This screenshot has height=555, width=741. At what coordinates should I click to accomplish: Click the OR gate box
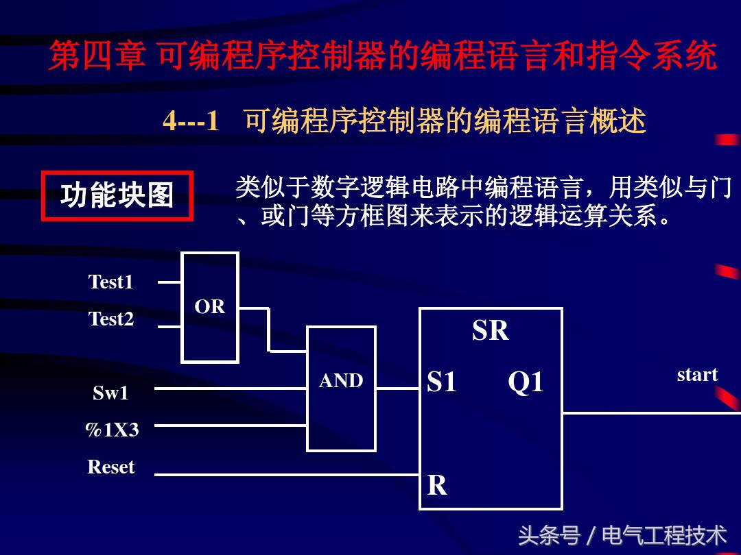point(209,307)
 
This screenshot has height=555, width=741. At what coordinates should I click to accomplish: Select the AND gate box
point(341,388)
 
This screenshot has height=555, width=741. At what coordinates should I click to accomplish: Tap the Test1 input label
point(111,282)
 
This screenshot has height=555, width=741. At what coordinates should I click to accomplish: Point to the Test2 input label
point(111,319)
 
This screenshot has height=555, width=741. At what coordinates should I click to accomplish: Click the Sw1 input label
point(111,393)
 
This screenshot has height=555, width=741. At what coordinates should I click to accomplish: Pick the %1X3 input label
point(111,430)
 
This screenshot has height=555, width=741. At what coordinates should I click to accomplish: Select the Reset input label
point(111,467)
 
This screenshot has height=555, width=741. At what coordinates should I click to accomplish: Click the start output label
point(697,375)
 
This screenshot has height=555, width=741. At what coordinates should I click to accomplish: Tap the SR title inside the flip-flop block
point(490,331)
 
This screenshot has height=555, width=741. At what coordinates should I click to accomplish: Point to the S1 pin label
point(442,382)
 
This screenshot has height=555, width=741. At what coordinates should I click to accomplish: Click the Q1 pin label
point(526,382)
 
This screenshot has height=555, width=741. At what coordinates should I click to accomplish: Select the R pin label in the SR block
point(437,486)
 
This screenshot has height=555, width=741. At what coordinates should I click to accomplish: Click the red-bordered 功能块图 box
point(117,196)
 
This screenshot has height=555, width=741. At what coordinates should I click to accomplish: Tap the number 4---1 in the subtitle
point(191,122)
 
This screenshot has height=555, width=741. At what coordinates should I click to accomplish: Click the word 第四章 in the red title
point(97,56)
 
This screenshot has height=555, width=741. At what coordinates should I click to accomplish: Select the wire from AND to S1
point(397,388)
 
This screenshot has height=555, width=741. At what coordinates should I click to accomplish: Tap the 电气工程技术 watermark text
point(664,535)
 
